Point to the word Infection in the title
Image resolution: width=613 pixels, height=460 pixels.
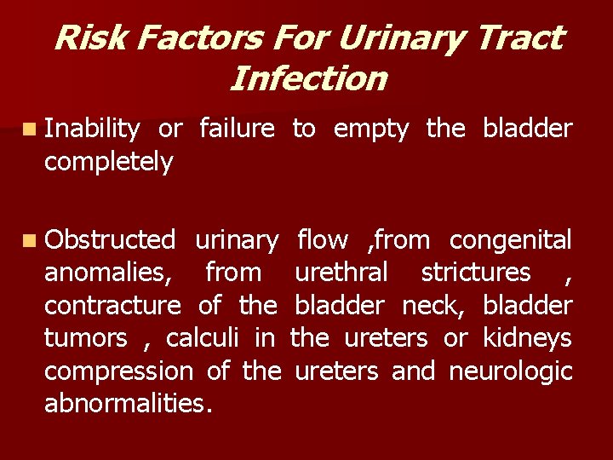point(308,79)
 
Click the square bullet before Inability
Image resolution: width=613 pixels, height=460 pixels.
point(31,129)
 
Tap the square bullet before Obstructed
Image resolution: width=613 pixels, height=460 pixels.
point(31,241)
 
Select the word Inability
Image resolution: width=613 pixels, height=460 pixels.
point(92,129)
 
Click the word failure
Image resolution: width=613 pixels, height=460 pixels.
point(237,129)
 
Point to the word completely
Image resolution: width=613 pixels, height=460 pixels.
point(108,161)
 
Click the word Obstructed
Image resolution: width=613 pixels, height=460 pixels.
point(110,241)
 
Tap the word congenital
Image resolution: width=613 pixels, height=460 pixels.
point(511,241)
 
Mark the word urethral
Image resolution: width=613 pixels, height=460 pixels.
point(341,273)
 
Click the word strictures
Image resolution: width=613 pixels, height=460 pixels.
point(476,273)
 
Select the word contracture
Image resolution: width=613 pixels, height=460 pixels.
point(112,306)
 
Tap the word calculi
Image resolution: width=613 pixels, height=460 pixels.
point(203,338)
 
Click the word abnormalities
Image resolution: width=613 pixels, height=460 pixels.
point(129,403)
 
